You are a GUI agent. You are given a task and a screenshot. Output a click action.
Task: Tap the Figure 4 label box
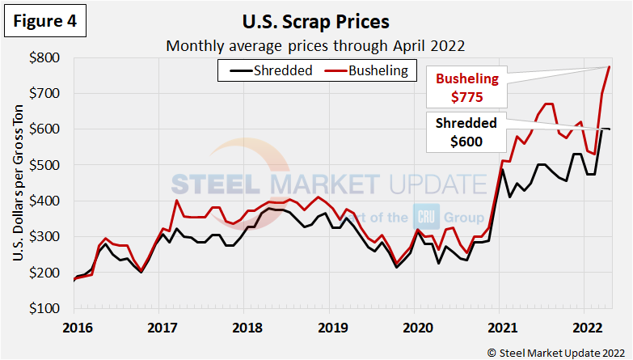46,22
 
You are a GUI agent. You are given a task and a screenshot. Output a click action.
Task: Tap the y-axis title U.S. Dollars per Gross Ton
18,183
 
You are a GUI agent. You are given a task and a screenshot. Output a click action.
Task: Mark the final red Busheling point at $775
609,67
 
